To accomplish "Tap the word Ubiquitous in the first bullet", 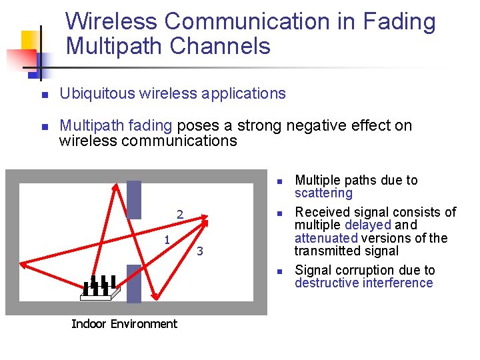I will coord(96,94).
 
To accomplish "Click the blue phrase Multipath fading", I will coord(116,125).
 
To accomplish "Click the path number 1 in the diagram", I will coord(167,239).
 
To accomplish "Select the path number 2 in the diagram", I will coord(179,215).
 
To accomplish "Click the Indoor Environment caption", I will coord(124,324).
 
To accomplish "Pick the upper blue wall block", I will coord(134,199).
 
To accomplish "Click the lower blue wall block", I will coord(134,283).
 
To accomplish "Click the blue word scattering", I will coord(323,193).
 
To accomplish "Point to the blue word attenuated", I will coord(326,238).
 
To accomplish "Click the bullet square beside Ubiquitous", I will coord(45,95).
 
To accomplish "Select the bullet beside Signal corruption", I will coord(281,271).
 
